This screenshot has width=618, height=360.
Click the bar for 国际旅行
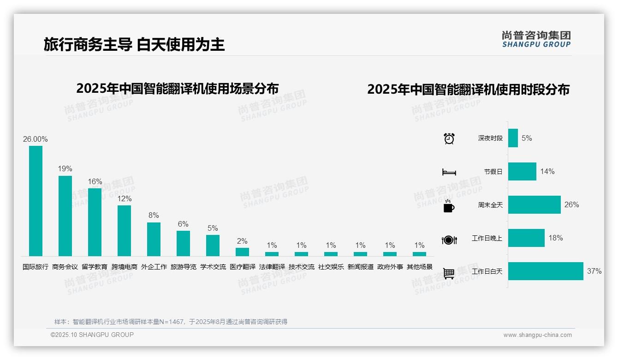[36, 201]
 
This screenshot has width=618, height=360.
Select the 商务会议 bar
[65, 216]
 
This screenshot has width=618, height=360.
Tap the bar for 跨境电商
[124, 230]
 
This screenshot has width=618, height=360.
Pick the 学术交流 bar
[213, 245]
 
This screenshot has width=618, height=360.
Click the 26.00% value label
[36, 139]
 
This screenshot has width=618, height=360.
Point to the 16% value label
[95, 182]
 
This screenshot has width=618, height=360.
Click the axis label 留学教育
[95, 267]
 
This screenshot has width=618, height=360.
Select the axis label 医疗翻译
[242, 267]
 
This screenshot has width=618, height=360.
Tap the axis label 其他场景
[419, 267]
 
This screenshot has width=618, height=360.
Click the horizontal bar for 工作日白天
[546, 271]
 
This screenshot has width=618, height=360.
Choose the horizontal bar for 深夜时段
[513, 138]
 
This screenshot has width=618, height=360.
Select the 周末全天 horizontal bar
[535, 204]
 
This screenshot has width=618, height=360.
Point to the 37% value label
[594, 271]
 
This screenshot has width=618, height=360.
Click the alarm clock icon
[449, 138]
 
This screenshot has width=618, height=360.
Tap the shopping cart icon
[449, 273]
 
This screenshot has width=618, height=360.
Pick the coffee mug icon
[449, 206]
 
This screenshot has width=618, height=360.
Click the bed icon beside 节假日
[449, 172]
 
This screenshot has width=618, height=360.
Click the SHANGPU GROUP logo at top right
[536, 39]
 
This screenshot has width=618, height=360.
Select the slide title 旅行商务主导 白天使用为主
[134, 44]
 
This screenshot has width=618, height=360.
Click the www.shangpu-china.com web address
[537, 335]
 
